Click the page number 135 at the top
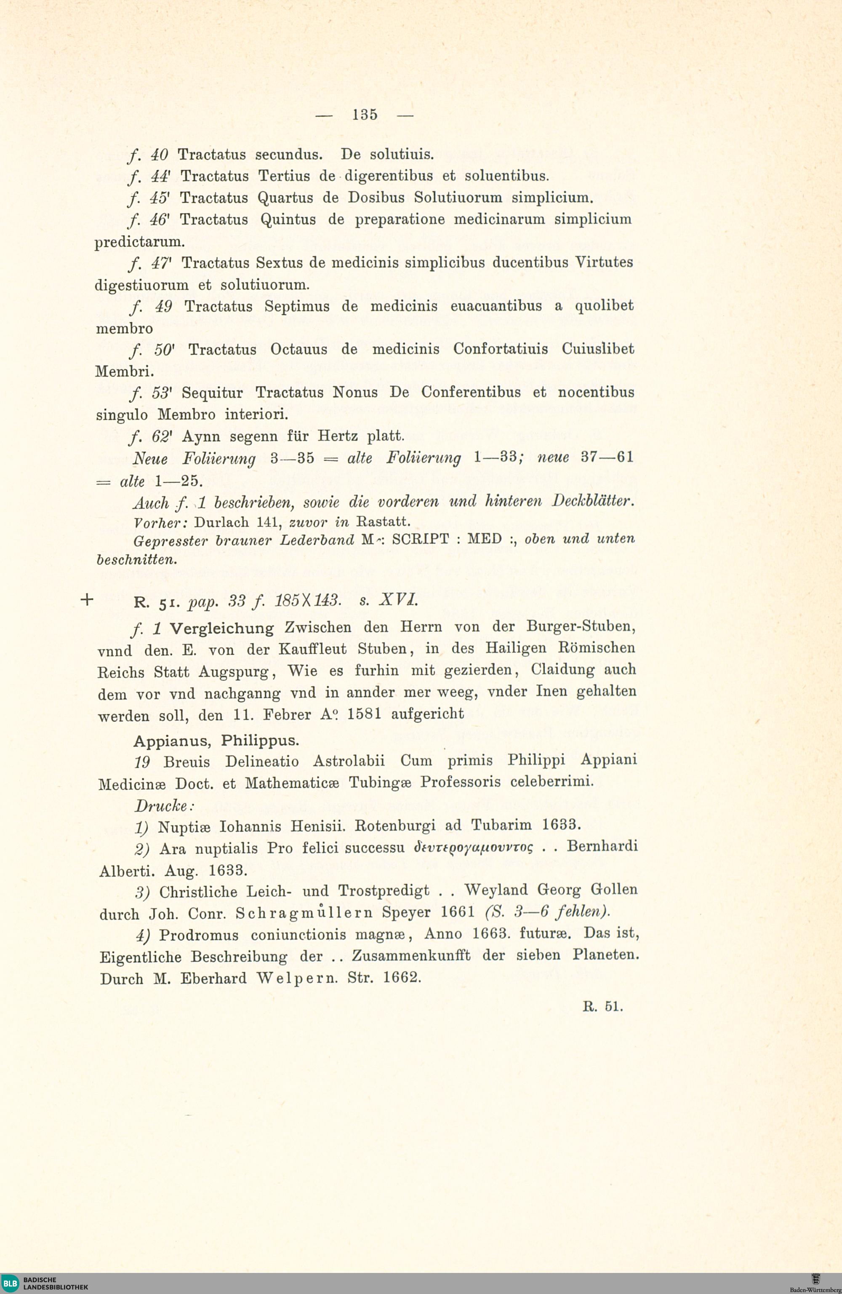[x=364, y=115]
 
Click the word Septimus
[x=297, y=307]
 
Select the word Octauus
[x=299, y=350]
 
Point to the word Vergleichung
[x=222, y=628]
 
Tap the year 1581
[x=364, y=714]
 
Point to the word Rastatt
[x=383, y=522]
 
